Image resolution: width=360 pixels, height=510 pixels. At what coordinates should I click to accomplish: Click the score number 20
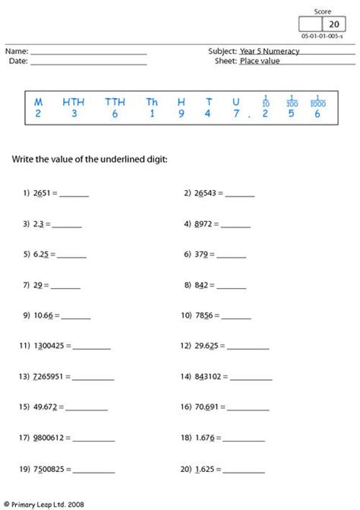click(333, 24)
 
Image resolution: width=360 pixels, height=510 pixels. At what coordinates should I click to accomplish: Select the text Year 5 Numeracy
click(269, 51)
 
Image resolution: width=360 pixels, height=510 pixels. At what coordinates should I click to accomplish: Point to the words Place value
click(259, 61)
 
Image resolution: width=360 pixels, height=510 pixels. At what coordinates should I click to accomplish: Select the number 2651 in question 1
click(39, 193)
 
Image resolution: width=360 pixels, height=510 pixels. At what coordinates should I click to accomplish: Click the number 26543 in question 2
click(206, 193)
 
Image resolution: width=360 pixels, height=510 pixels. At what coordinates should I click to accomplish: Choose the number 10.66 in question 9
click(43, 315)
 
